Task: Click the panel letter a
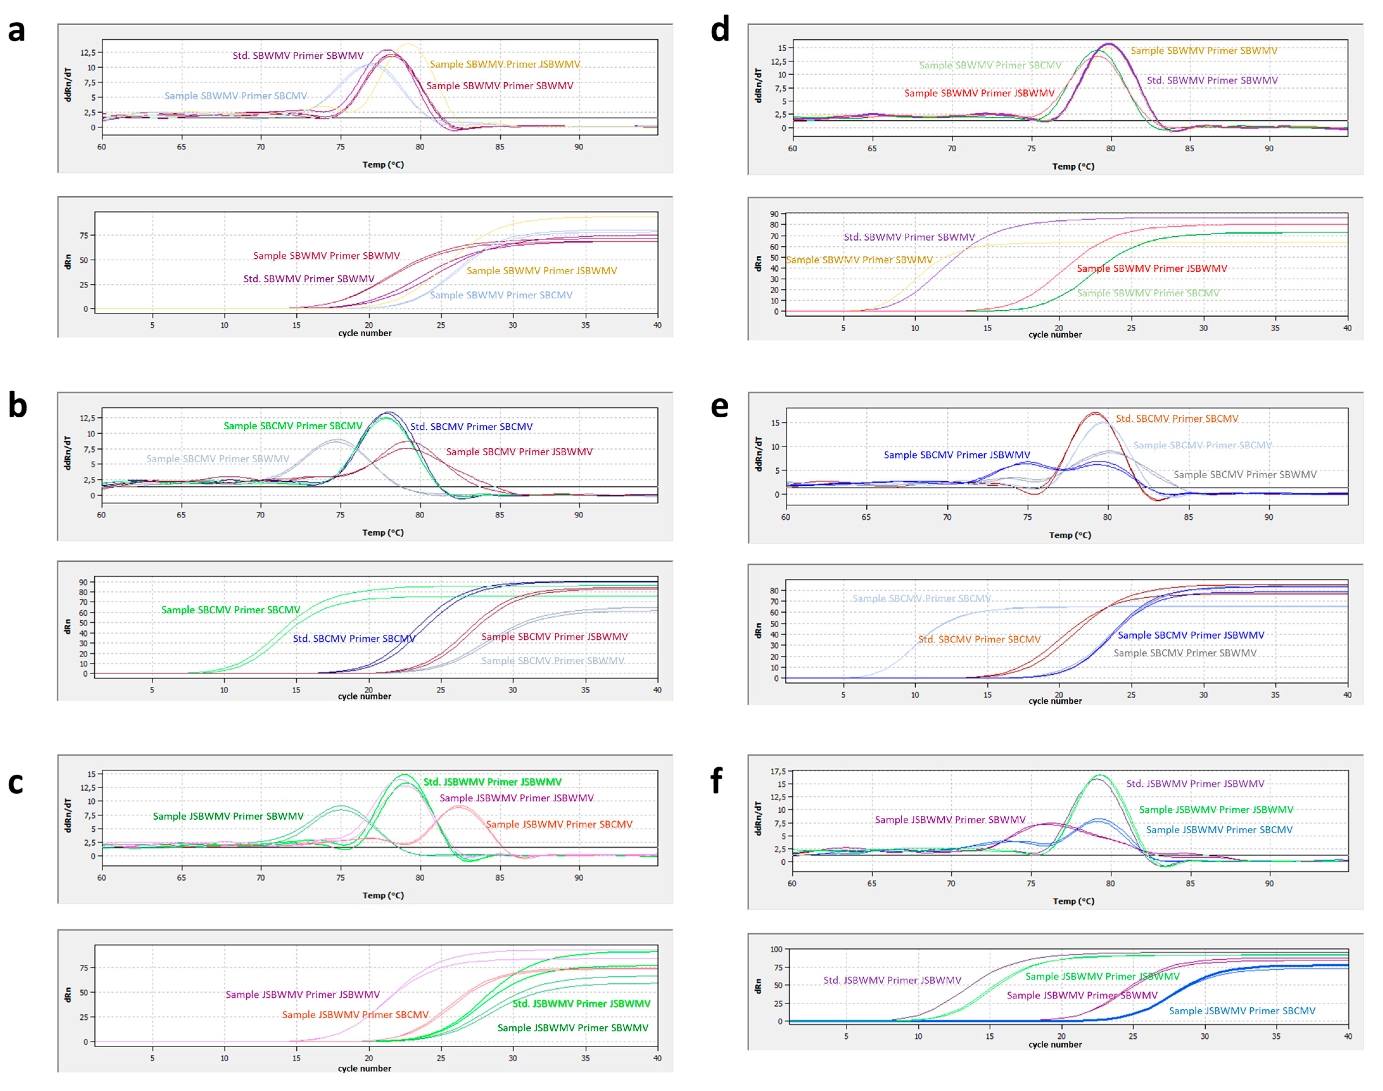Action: pyautogui.click(x=16, y=31)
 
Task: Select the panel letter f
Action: pyautogui.click(x=717, y=780)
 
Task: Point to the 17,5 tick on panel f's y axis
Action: pyautogui.click(x=777, y=772)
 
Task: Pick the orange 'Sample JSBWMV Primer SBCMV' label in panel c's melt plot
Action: pyautogui.click(x=559, y=825)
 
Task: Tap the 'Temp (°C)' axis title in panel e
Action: pyautogui.click(x=1070, y=535)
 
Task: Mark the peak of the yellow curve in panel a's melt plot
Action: pyautogui.click(x=408, y=44)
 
